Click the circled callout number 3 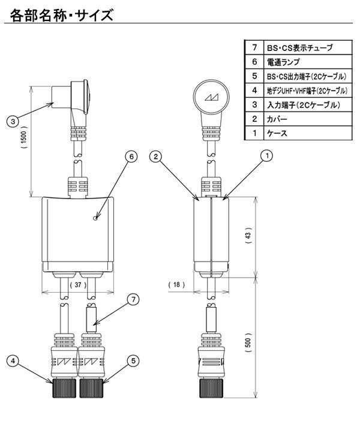pyautogui.click(x=12, y=121)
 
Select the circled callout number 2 pyautogui.click(x=157, y=157)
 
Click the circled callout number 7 pyautogui.click(x=133, y=298)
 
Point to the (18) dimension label pyautogui.click(x=176, y=284)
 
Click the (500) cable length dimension pyautogui.click(x=248, y=342)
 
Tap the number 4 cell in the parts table pyautogui.click(x=254, y=91)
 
